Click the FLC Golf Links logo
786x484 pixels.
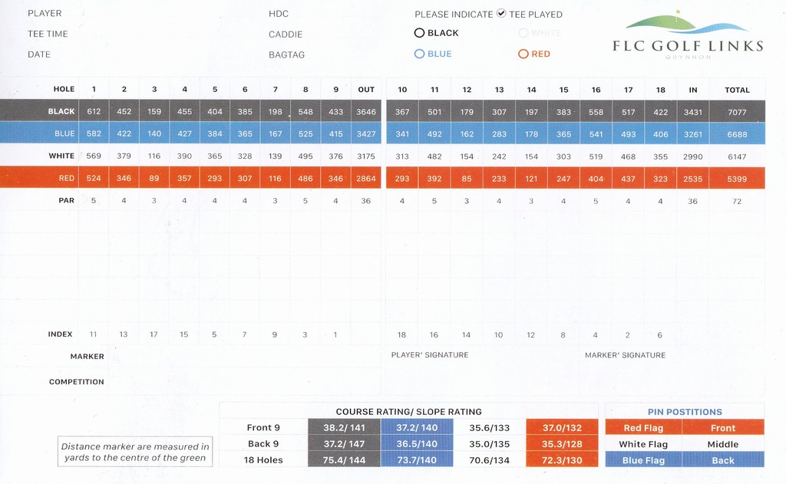[688, 35]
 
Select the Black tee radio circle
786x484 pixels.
[419, 33]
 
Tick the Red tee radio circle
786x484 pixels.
[523, 54]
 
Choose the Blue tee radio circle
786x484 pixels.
[419, 54]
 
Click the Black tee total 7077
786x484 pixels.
[737, 112]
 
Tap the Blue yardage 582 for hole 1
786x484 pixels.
[94, 134]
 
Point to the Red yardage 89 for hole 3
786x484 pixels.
[154, 178]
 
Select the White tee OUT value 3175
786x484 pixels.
[366, 156]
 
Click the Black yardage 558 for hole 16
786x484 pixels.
[596, 112]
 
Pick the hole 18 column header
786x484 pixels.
[660, 90]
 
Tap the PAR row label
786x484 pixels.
[67, 201]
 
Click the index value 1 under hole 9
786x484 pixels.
[335, 334]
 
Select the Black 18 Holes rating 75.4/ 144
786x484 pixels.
[344, 460]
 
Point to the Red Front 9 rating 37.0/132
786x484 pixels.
[562, 428]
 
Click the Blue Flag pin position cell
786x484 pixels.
[643, 460]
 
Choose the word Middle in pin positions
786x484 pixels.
[722, 444]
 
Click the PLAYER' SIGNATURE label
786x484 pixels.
[430, 355]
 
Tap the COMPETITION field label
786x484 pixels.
[77, 382]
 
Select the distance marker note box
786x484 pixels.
[134, 452]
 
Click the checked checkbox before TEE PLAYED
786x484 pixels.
[501, 13]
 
